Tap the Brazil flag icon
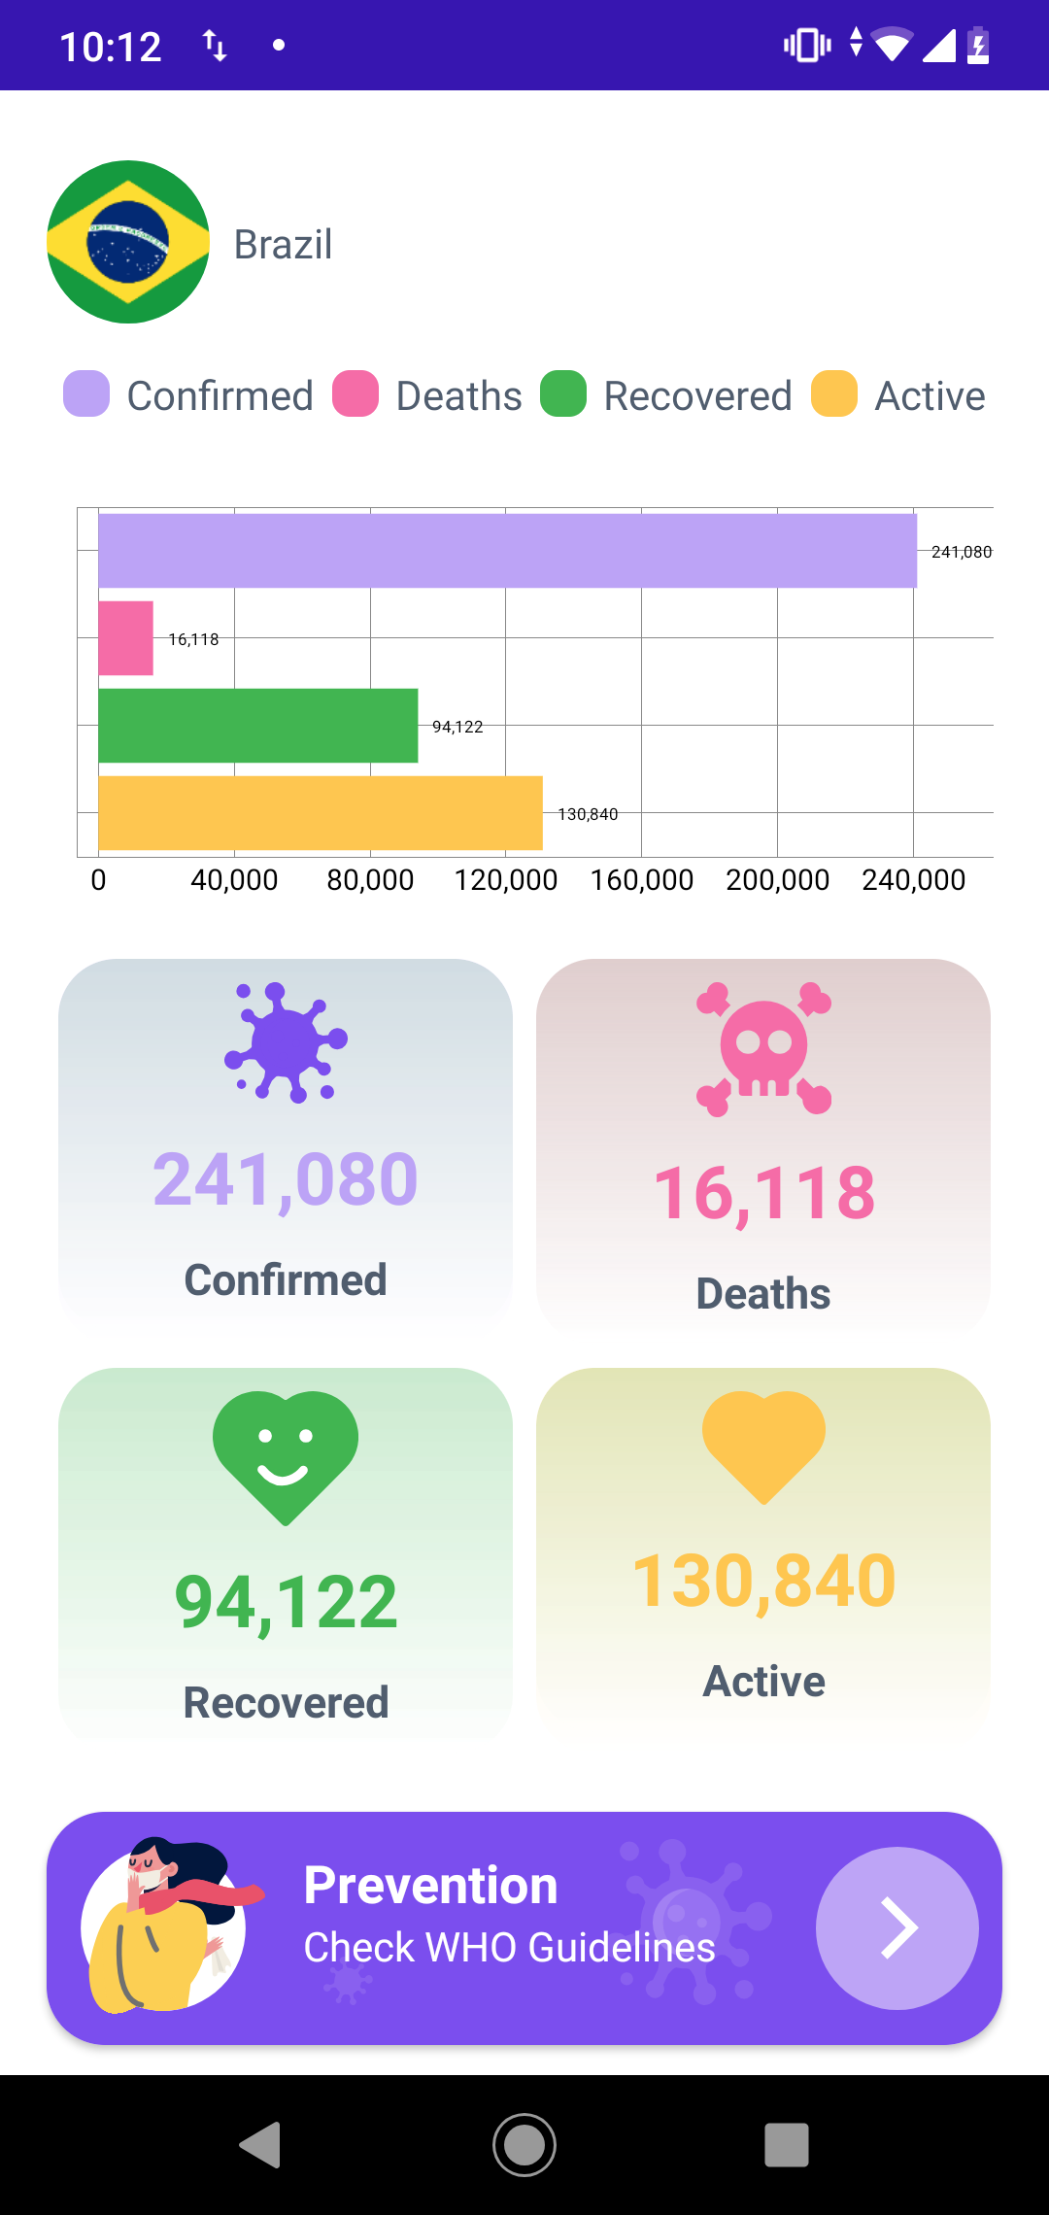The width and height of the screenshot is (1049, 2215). [128, 242]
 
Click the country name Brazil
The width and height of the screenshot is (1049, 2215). [283, 245]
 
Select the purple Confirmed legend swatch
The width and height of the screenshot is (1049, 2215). [86, 394]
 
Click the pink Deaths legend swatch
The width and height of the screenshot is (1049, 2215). [355, 394]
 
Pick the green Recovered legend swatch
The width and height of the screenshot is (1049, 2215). [563, 394]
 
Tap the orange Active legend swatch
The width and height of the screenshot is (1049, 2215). [834, 394]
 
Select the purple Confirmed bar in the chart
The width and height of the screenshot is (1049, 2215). [507, 551]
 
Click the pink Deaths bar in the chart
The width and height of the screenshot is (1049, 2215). [126, 638]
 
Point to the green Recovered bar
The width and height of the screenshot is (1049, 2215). [258, 726]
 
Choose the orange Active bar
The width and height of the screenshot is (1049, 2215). [321, 813]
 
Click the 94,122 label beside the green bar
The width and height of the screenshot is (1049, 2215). [457, 727]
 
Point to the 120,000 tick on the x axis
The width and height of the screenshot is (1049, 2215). [506, 880]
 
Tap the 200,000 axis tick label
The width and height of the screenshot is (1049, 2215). [777, 880]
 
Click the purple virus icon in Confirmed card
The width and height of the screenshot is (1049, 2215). [286, 1042]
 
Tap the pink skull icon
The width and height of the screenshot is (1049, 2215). [763, 1049]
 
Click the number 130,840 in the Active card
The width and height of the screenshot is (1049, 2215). [763, 1581]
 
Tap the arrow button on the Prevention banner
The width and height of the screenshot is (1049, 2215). [897, 1928]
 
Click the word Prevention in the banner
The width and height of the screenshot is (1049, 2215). [430, 1886]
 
